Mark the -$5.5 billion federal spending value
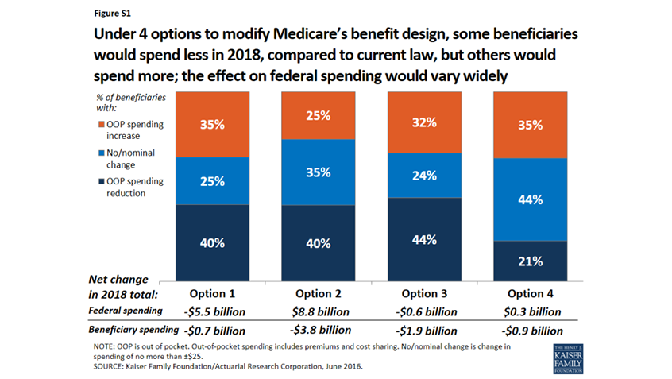210,311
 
